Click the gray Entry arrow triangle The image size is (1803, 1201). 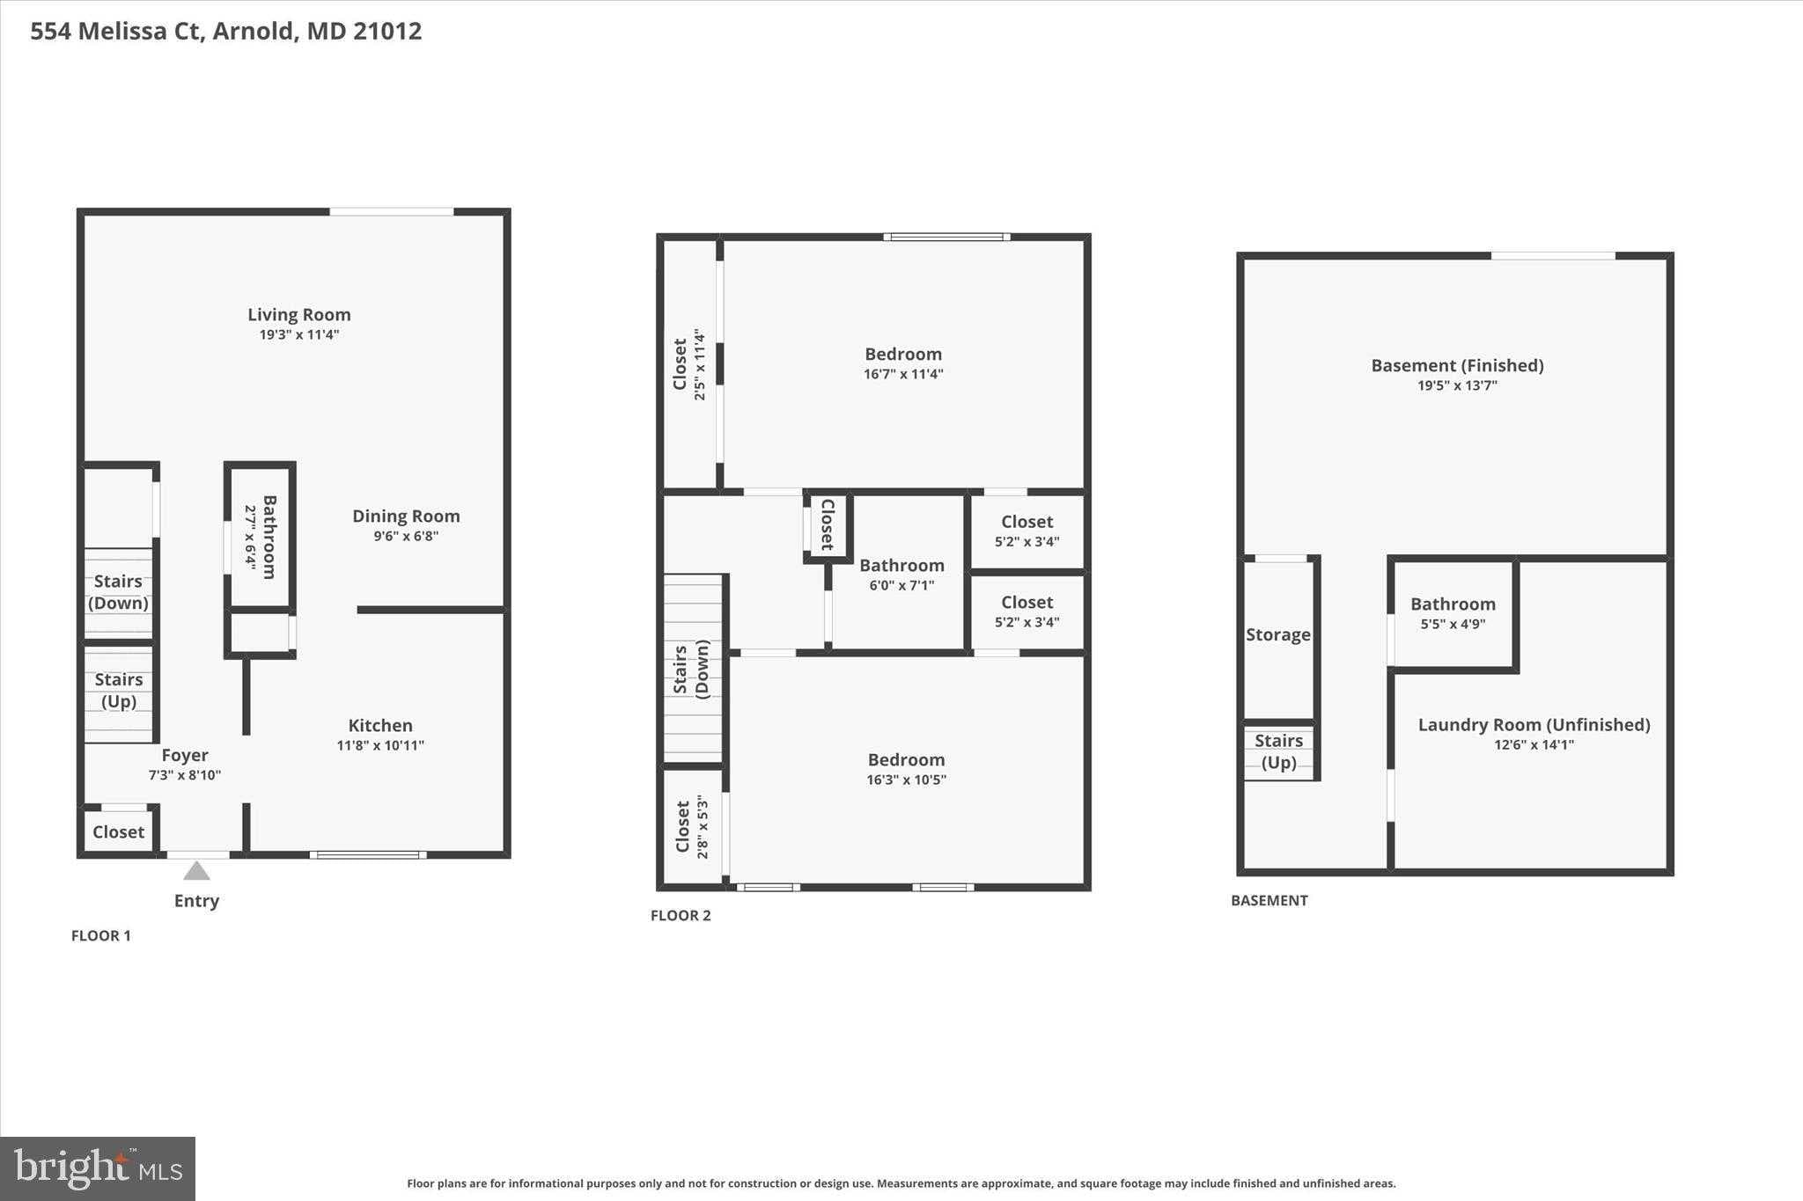196,871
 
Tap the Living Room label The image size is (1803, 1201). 298,314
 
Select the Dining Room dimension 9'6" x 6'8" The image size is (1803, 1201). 406,536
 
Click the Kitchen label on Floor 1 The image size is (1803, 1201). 380,725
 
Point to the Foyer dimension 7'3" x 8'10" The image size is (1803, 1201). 184,775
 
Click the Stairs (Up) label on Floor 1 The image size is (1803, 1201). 119,690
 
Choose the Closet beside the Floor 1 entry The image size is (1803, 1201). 118,831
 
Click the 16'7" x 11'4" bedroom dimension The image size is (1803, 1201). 903,374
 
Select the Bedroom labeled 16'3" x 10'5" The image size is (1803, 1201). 906,759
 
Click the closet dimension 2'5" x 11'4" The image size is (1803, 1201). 700,364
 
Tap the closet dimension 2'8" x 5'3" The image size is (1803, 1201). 703,827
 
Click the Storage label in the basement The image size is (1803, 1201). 1277,634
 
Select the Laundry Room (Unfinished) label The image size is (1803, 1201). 1534,724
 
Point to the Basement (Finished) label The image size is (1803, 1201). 1457,365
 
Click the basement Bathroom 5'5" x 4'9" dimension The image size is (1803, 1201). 1453,624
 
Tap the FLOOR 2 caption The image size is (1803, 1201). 681,915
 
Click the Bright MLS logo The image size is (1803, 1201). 98,1168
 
